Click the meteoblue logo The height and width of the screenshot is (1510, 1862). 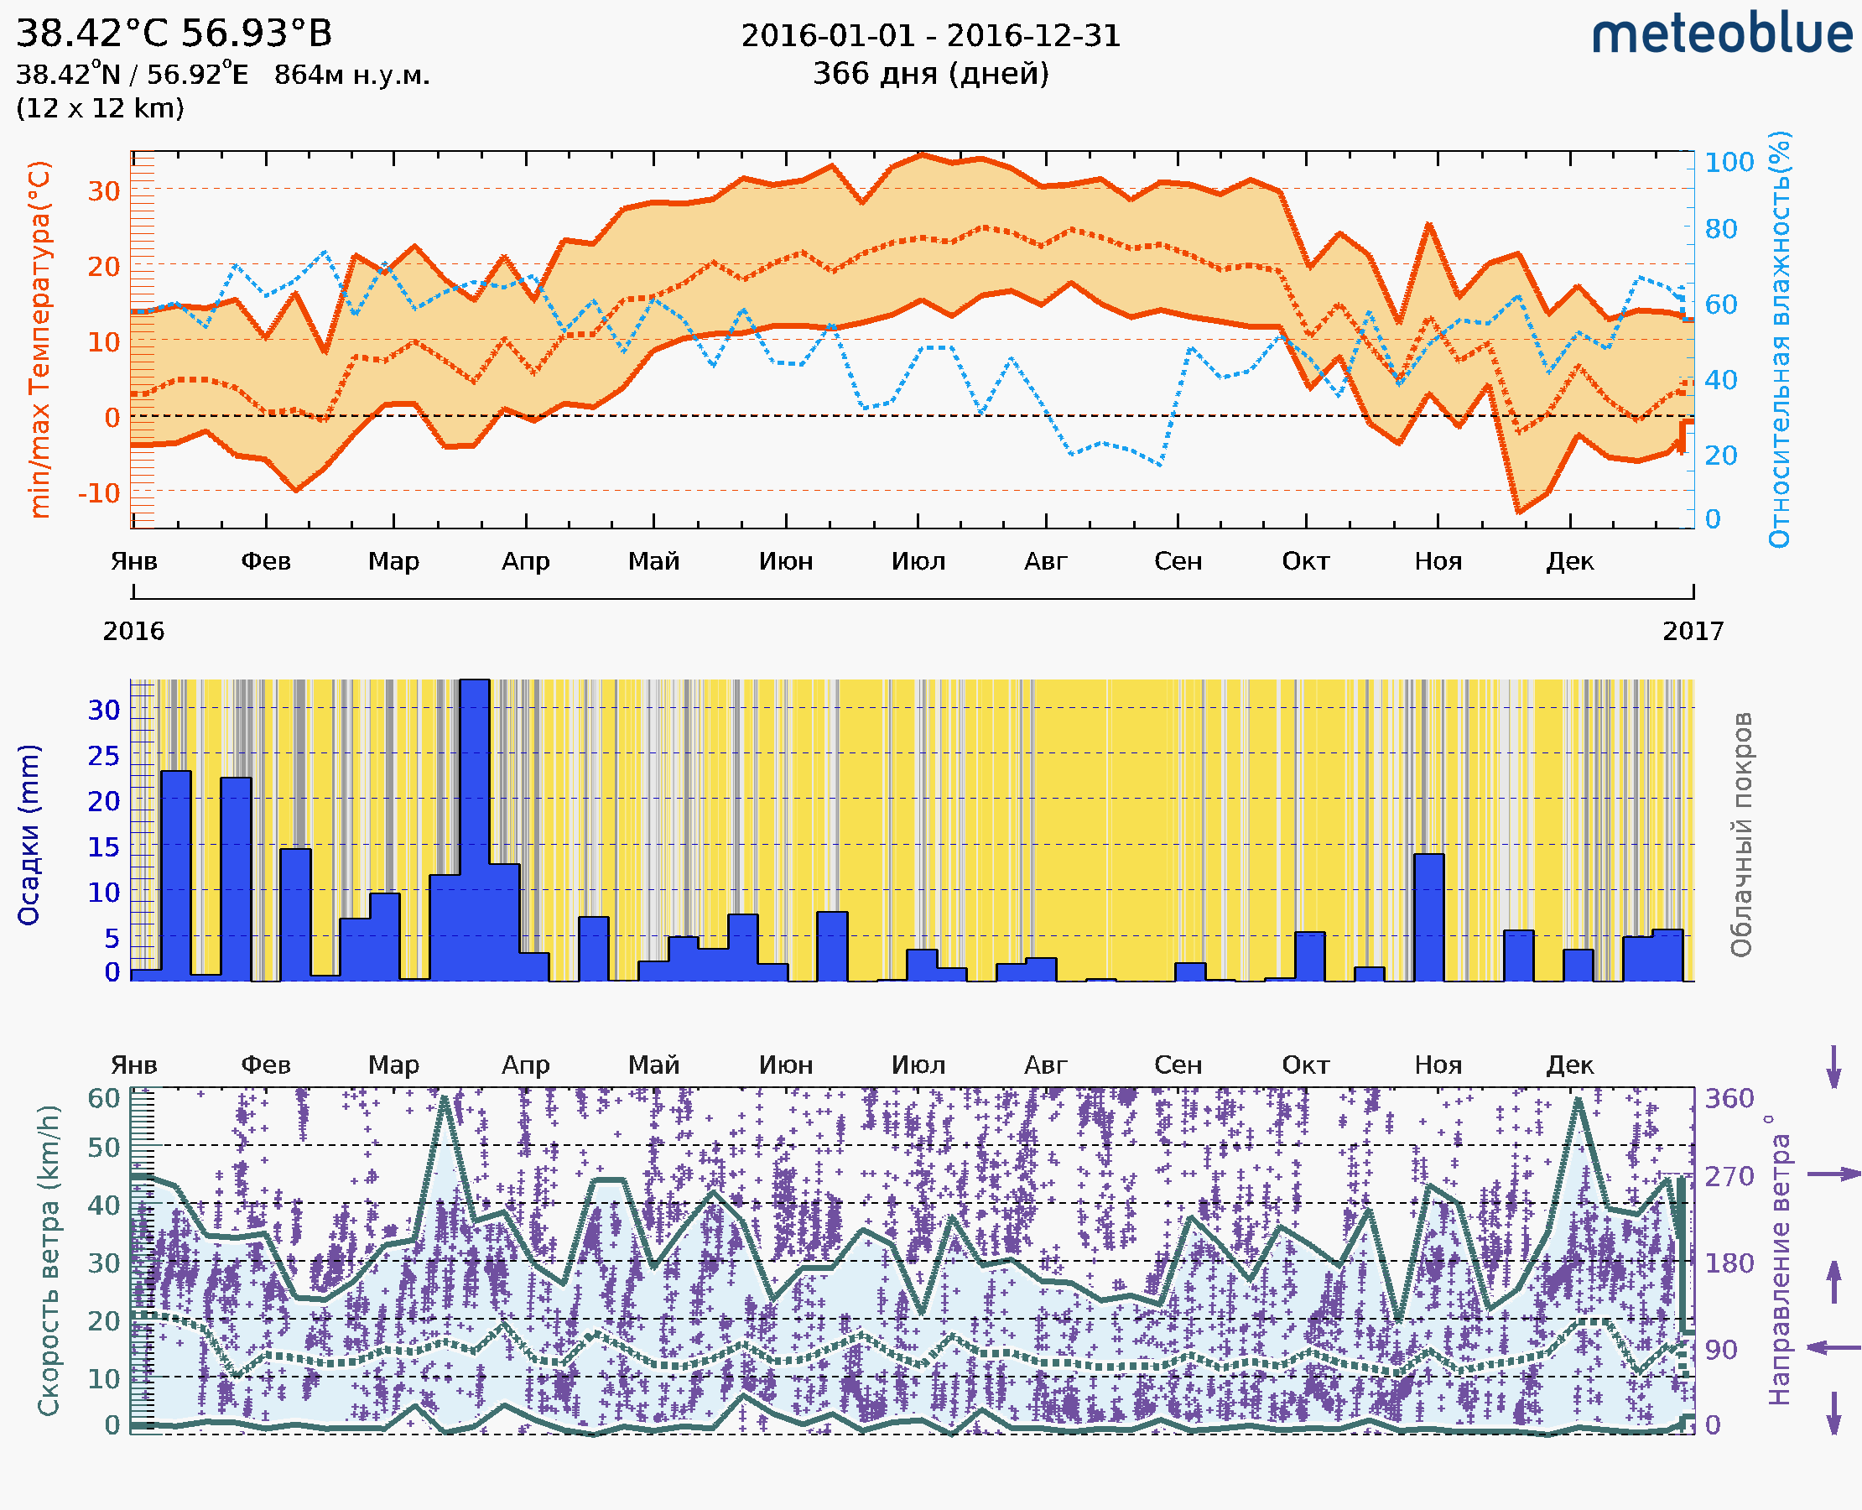(1721, 34)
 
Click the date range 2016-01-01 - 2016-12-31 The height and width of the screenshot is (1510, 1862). (930, 36)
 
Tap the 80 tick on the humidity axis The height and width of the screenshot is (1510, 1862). (1720, 229)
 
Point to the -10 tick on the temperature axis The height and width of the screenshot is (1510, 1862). (99, 493)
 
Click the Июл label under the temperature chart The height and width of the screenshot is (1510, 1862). (918, 561)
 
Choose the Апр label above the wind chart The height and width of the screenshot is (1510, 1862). (525, 1065)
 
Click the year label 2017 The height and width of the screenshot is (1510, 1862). (1693, 631)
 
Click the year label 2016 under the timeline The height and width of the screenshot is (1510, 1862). (133, 631)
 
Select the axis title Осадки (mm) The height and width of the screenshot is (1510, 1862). (29, 834)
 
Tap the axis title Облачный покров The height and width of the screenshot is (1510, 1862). (1740, 834)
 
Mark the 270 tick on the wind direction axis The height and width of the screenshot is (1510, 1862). (1729, 1176)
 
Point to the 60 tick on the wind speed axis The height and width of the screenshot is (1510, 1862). (103, 1098)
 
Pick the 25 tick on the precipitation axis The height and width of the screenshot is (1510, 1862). (103, 756)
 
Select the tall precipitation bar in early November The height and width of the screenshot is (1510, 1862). (1429, 918)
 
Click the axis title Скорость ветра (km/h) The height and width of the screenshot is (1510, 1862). (49, 1260)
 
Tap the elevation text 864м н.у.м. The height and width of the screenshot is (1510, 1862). (351, 75)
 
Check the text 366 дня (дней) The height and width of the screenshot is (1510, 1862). (930, 74)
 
